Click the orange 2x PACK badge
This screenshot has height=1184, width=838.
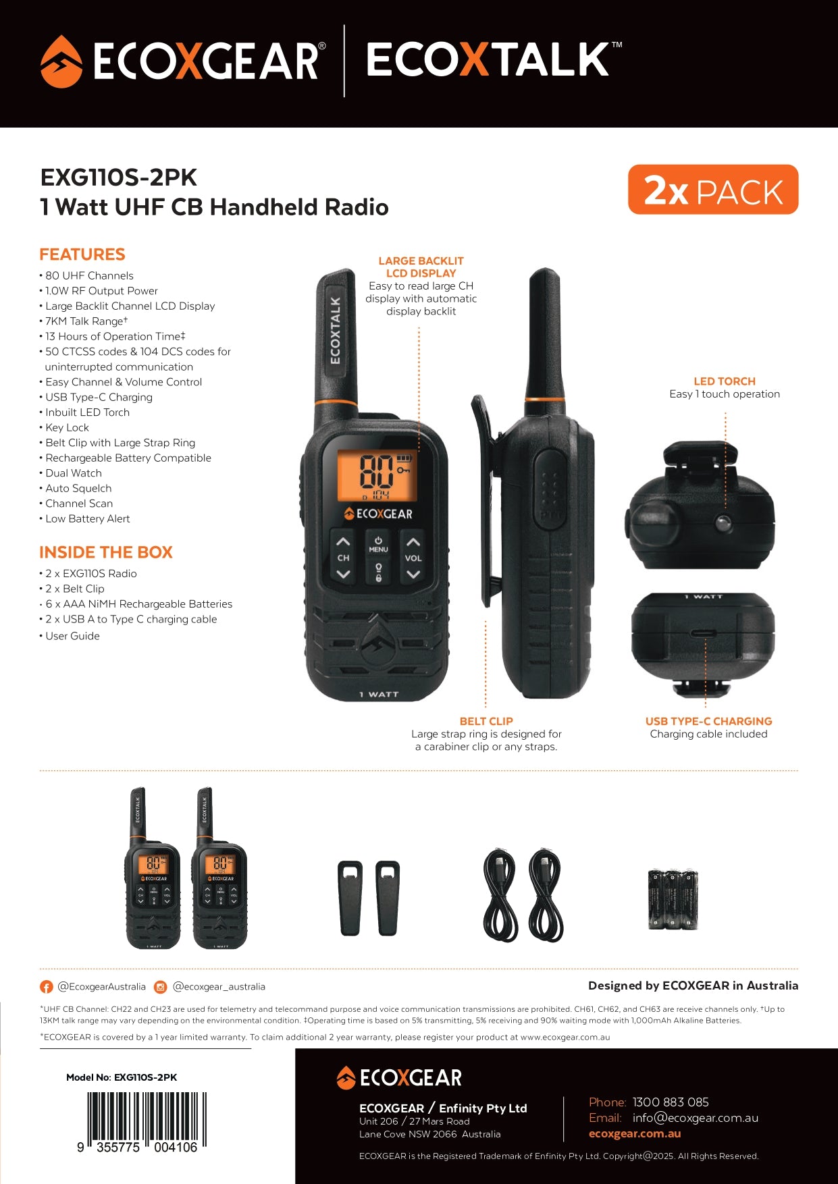(713, 190)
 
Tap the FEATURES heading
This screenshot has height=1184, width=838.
(82, 254)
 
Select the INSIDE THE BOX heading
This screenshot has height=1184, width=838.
(106, 552)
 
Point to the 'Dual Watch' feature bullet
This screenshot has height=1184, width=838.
(71, 473)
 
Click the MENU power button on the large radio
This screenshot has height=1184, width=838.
(378, 544)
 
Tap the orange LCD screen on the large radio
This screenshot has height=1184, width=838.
(377, 475)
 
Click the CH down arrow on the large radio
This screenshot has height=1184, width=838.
(343, 574)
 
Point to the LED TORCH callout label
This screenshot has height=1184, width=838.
(725, 381)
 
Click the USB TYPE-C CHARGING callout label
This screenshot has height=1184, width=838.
(709, 721)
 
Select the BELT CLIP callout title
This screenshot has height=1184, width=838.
(486, 721)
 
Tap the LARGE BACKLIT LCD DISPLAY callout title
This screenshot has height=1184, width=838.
(421, 267)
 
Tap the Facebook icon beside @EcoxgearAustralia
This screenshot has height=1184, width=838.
(47, 987)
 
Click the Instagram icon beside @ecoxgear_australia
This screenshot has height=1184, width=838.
(161, 987)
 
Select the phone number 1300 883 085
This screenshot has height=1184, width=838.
(671, 1102)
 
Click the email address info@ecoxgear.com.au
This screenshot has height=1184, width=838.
(696, 1118)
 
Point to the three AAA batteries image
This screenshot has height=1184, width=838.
(673, 899)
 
